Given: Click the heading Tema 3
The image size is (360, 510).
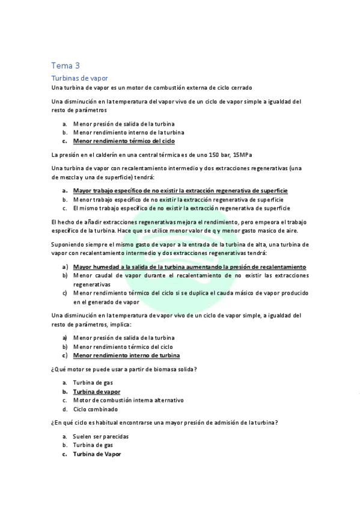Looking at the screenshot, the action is tap(66, 66).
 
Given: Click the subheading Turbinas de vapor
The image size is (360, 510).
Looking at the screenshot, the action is tap(79, 78).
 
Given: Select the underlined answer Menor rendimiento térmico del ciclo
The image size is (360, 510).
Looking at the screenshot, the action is tap(124, 141).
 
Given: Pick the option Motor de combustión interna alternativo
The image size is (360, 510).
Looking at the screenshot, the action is tap(128, 400).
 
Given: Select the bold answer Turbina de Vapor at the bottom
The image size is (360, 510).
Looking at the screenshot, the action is tap(97, 454).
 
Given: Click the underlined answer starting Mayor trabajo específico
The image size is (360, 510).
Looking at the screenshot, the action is tap(180, 190).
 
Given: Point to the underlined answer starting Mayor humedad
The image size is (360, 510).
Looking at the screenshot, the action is tap(189, 266).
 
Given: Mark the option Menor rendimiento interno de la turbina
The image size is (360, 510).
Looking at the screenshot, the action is tap(129, 132).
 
